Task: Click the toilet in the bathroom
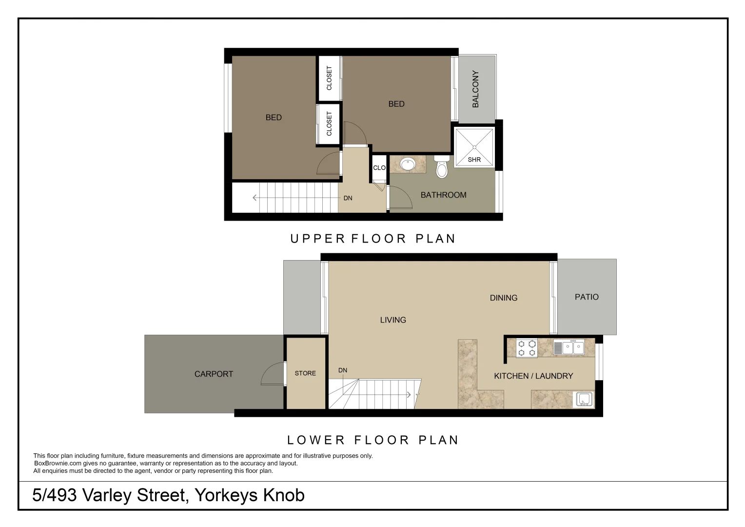pyautogui.click(x=442, y=167)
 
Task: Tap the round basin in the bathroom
pyautogui.click(x=408, y=164)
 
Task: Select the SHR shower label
pyautogui.click(x=474, y=160)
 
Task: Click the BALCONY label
pyautogui.click(x=475, y=89)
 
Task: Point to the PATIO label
pyautogui.click(x=587, y=297)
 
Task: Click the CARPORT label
pyautogui.click(x=214, y=374)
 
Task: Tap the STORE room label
pyautogui.click(x=305, y=373)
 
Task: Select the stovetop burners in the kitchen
pyautogui.click(x=527, y=348)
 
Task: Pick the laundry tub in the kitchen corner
pyautogui.click(x=584, y=400)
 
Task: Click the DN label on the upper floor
pyautogui.click(x=348, y=198)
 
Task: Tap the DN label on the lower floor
pyautogui.click(x=343, y=370)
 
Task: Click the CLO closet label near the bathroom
pyautogui.click(x=379, y=168)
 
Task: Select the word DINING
pyautogui.click(x=504, y=298)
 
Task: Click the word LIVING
pyautogui.click(x=393, y=320)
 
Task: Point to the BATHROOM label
pyautogui.click(x=443, y=195)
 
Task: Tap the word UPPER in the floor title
pyautogui.click(x=317, y=239)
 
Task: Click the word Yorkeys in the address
pyautogui.click(x=226, y=495)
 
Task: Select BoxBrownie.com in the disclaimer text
pyautogui.click(x=58, y=464)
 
